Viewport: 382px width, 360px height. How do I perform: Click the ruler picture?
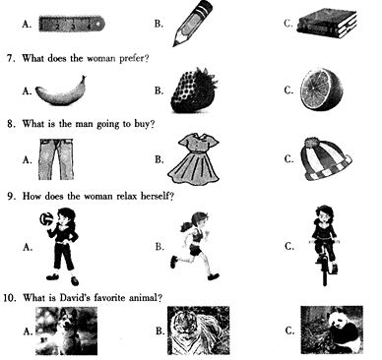pos(72,24)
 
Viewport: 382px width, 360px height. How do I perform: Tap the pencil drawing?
pos(192,23)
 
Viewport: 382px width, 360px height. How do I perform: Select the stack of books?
pos(327,23)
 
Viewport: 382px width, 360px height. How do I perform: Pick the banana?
pos(61,91)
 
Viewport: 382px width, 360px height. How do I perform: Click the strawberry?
pos(194,90)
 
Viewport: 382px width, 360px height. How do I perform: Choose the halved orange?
pos(321,90)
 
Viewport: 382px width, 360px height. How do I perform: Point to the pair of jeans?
pos(56,159)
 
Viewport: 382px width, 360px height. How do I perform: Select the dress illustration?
pos(194,159)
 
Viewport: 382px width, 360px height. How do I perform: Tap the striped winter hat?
pos(326,159)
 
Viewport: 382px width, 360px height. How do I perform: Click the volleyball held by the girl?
pos(46,218)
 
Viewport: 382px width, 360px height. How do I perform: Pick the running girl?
pos(194,246)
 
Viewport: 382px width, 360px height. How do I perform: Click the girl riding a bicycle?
pos(324,245)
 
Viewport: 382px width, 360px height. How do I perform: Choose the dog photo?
pos(66,330)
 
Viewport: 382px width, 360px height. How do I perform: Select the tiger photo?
pos(198,330)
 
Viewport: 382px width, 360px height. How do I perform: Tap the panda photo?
pos(332,330)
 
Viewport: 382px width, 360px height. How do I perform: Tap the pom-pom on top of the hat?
pos(311,143)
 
